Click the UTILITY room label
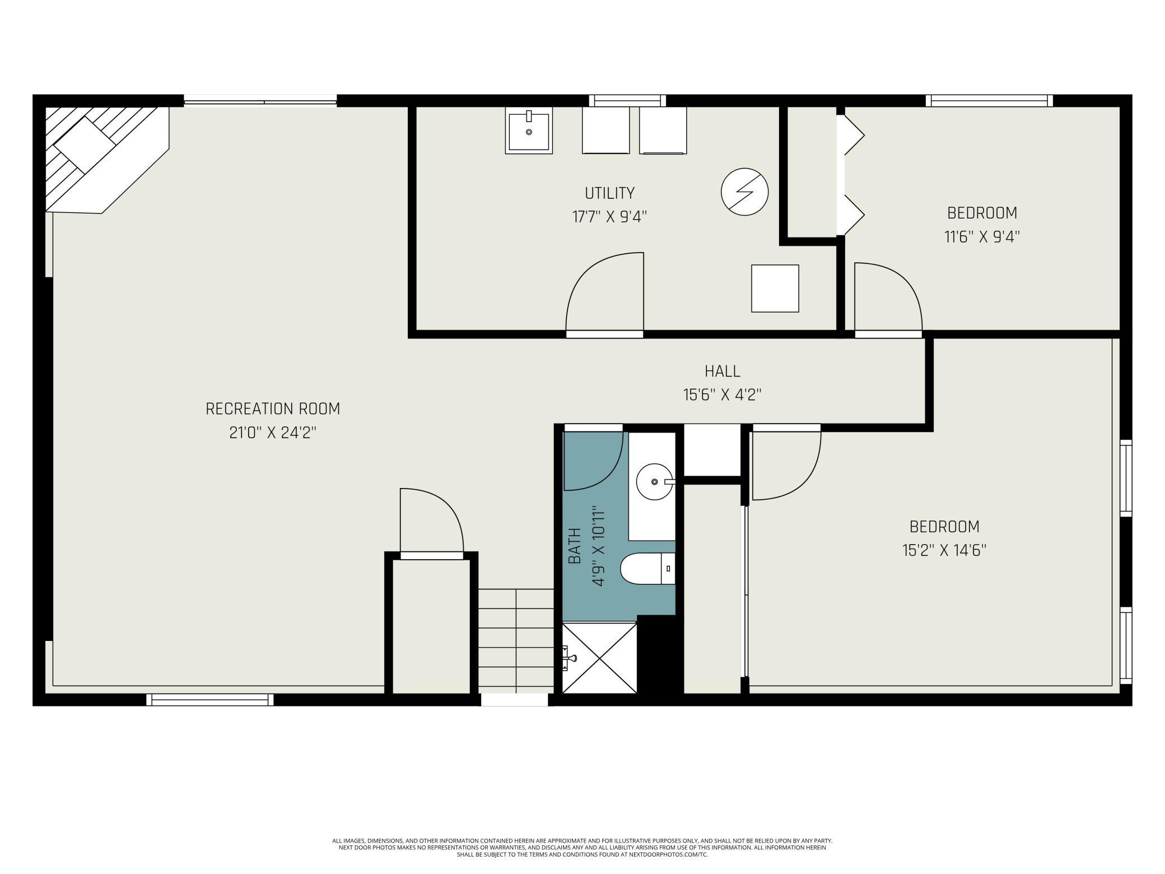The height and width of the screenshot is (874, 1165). (609, 193)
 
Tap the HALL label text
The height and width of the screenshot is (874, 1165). (722, 371)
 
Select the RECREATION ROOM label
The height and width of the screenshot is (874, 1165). (273, 409)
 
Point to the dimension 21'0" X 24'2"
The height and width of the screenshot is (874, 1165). (273, 433)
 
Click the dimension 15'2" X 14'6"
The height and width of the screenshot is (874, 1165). (944, 551)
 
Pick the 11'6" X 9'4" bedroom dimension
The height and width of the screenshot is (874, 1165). (982, 237)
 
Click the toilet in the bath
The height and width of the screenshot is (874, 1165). (648, 569)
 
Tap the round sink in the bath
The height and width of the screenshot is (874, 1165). (654, 482)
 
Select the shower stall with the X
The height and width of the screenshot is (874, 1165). (599, 658)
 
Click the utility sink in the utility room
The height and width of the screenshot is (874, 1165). (529, 130)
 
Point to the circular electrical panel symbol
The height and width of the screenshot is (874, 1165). (744, 192)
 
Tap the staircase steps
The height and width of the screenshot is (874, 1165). (516, 641)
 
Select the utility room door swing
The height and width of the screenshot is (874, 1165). (582, 275)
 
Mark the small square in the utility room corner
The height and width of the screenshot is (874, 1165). (775, 289)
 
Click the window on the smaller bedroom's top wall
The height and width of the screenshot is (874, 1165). (989, 101)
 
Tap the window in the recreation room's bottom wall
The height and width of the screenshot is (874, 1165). (210, 700)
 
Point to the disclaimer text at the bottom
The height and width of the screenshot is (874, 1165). (582, 848)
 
